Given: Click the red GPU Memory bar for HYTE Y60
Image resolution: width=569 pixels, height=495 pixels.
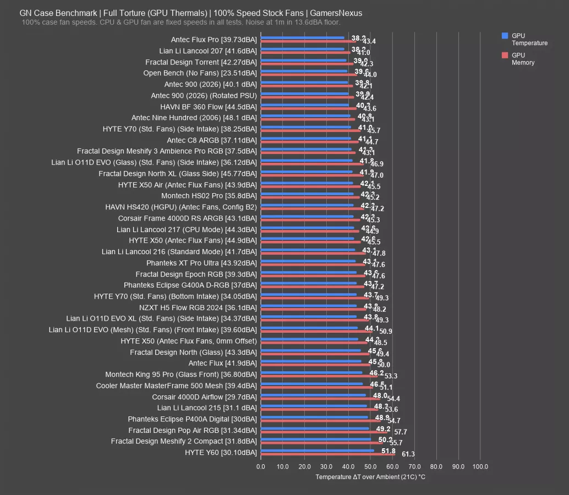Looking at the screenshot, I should point(327,454).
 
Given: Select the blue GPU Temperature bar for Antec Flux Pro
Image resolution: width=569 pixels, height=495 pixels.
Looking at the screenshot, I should point(302,38).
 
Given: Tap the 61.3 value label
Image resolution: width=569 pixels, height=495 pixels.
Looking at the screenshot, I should point(408,454).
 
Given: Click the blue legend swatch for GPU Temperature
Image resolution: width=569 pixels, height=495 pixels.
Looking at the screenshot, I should point(505,36).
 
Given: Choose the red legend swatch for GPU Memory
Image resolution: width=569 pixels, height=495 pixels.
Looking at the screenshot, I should point(505,56).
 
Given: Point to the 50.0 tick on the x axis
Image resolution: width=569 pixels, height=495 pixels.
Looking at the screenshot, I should point(370,467).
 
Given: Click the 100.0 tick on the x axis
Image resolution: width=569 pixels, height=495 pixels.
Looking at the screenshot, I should point(480,467).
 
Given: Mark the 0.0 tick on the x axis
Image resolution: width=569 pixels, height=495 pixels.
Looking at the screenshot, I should point(261,467).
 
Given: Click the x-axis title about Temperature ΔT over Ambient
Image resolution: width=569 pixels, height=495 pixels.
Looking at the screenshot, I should point(370,477).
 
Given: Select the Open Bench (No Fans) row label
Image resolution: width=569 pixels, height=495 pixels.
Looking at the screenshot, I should point(200,73).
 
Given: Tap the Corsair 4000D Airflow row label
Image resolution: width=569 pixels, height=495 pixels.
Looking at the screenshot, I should point(204,397).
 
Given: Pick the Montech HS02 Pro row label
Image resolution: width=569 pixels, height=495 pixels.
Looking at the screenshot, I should point(209,196).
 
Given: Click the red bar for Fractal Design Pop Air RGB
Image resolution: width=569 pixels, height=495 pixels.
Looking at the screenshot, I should point(324,432).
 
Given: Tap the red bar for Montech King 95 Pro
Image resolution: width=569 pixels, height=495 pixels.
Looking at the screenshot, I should point(319,376).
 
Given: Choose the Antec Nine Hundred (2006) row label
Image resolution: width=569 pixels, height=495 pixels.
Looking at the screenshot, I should point(194,118).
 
